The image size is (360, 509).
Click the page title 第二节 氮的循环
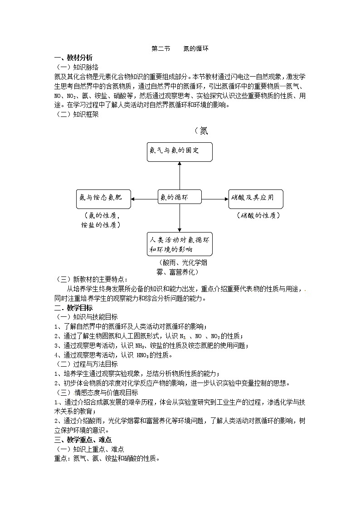pyautogui.click(x=180, y=49)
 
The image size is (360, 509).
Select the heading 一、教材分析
pyautogui.click(x=73, y=58)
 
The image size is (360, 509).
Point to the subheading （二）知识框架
pyautogui.click(x=76, y=114)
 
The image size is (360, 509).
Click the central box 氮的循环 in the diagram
pyautogui.click(x=180, y=199)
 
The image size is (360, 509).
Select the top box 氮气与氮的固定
pyautogui.click(x=180, y=151)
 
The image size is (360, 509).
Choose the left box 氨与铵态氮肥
pyautogui.click(x=103, y=199)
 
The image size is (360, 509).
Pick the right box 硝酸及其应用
pyautogui.click(x=256, y=199)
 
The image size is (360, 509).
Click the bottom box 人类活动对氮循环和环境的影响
pyautogui.click(x=180, y=244)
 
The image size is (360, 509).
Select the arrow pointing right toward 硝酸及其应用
pyautogui.click(x=215, y=199)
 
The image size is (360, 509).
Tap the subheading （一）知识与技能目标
pyautogui.click(x=86, y=317)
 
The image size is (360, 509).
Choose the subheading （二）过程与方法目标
pyautogui.click(x=86, y=364)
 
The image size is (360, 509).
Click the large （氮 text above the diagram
pyautogui.click(x=201, y=131)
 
